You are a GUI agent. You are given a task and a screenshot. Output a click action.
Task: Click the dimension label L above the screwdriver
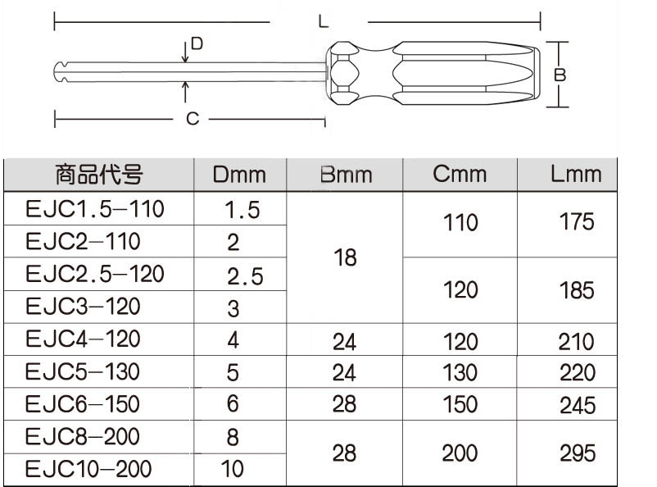[324, 20]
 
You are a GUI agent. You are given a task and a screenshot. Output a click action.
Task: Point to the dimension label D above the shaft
[197, 42]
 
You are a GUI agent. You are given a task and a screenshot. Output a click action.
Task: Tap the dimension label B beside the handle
[560, 75]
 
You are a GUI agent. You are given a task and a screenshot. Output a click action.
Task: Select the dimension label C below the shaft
[192, 120]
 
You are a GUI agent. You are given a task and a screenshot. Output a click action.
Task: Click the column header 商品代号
[99, 175]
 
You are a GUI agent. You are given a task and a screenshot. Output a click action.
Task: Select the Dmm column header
[239, 175]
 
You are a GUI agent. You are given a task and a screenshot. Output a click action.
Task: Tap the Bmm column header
[345, 175]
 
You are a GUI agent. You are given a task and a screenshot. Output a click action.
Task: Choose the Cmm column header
[460, 174]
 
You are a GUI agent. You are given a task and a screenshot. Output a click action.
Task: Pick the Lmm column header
[576, 174]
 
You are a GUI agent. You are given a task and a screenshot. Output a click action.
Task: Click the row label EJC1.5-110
[95, 209]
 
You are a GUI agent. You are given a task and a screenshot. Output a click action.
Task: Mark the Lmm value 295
[577, 453]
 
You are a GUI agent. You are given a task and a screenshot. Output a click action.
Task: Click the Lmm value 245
[577, 405]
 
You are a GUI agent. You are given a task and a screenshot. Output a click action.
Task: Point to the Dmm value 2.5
[242, 276]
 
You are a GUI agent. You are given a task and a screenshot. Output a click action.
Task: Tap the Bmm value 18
[346, 258]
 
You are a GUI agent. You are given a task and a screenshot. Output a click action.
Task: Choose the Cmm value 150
[459, 404]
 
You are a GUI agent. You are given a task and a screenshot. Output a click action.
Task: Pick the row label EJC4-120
[83, 339]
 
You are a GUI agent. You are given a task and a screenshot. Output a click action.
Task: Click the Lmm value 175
[577, 223]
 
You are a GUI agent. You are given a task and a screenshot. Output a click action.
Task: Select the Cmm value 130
[459, 372]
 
